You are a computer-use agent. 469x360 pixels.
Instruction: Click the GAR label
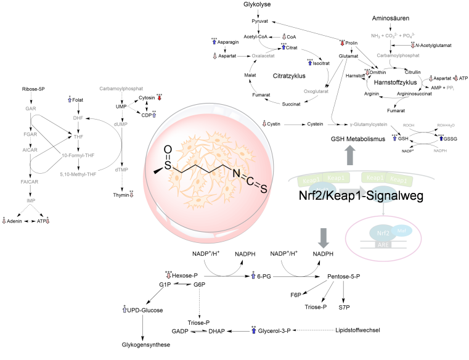pyautogui.click(x=31, y=108)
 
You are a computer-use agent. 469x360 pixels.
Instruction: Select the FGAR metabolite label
pyautogui.click(x=31, y=134)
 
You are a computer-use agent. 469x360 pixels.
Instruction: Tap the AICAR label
pyautogui.click(x=30, y=150)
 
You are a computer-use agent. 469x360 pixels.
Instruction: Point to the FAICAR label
pyautogui.click(x=30, y=182)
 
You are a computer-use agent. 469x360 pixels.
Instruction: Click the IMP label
pyautogui.click(x=31, y=201)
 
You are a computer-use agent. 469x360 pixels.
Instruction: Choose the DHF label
pyautogui.click(x=78, y=118)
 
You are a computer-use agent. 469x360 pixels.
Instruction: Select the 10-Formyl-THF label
pyautogui.click(x=78, y=155)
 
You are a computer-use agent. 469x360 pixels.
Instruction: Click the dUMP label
pyautogui.click(x=121, y=124)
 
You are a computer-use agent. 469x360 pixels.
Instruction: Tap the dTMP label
pyautogui.click(x=121, y=170)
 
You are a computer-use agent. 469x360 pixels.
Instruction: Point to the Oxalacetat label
pyautogui.click(x=263, y=55)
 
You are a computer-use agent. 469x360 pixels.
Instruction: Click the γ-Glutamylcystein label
pyautogui.click(x=369, y=125)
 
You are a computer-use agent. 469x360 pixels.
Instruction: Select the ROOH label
pyautogui.click(x=409, y=125)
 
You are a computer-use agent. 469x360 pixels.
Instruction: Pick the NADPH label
pyautogui.click(x=440, y=150)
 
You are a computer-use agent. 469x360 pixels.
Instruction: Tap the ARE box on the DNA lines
pyautogui.click(x=383, y=245)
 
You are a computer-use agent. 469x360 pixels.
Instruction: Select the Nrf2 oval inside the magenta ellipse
pyautogui.click(x=381, y=234)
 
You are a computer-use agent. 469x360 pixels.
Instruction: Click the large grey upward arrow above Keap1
pyautogui.click(x=350, y=155)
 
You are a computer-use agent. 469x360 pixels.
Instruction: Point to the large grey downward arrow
pyautogui.click(x=324, y=238)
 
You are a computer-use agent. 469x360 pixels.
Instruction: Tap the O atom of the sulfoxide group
pyautogui.click(x=168, y=150)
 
